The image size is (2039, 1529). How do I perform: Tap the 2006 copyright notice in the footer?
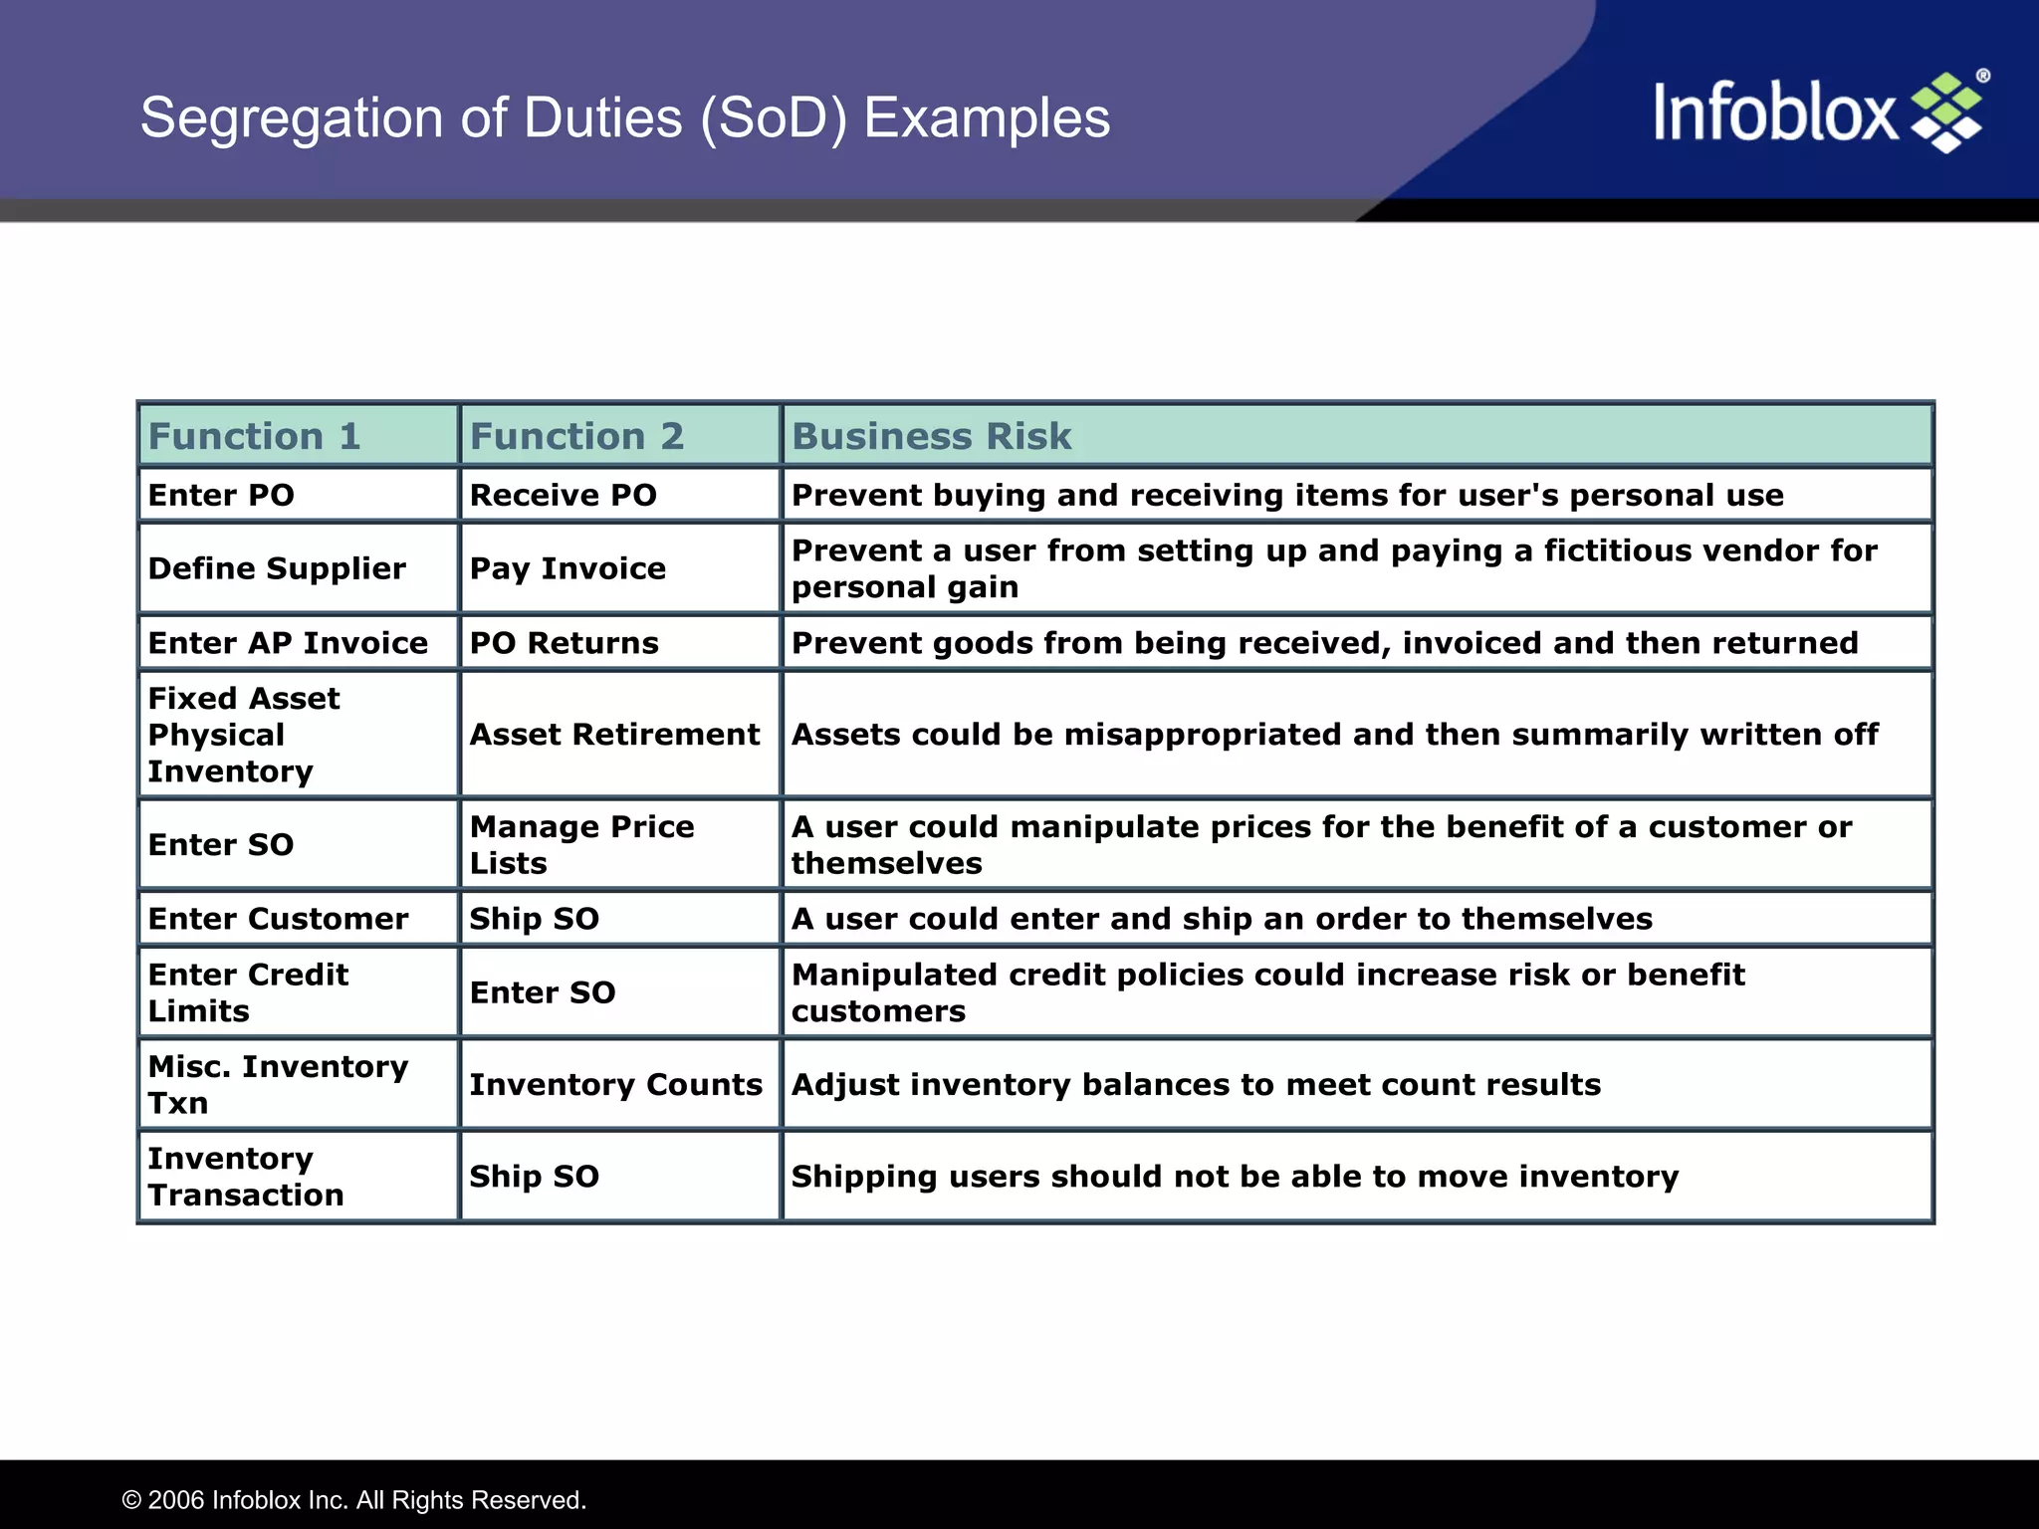click(x=353, y=1500)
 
